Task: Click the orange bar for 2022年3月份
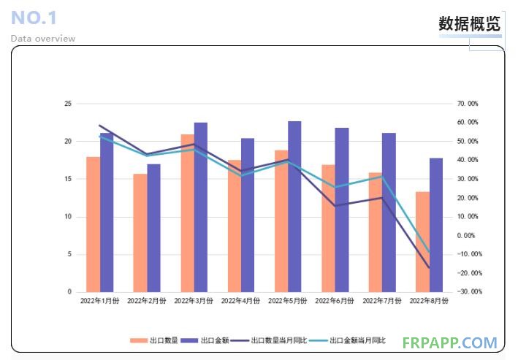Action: click(187, 213)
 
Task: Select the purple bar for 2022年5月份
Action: click(294, 207)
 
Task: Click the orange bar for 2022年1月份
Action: click(93, 224)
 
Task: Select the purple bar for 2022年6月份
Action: click(341, 210)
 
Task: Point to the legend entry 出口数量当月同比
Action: click(278, 341)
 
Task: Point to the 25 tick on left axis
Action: click(68, 104)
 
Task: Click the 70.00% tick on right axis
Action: click(468, 104)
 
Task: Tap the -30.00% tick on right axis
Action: click(466, 292)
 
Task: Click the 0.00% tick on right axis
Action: click(466, 236)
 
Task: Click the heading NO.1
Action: click(34, 18)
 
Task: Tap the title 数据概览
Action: click(470, 23)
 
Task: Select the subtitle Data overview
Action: click(43, 39)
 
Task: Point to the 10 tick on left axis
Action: click(68, 217)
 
